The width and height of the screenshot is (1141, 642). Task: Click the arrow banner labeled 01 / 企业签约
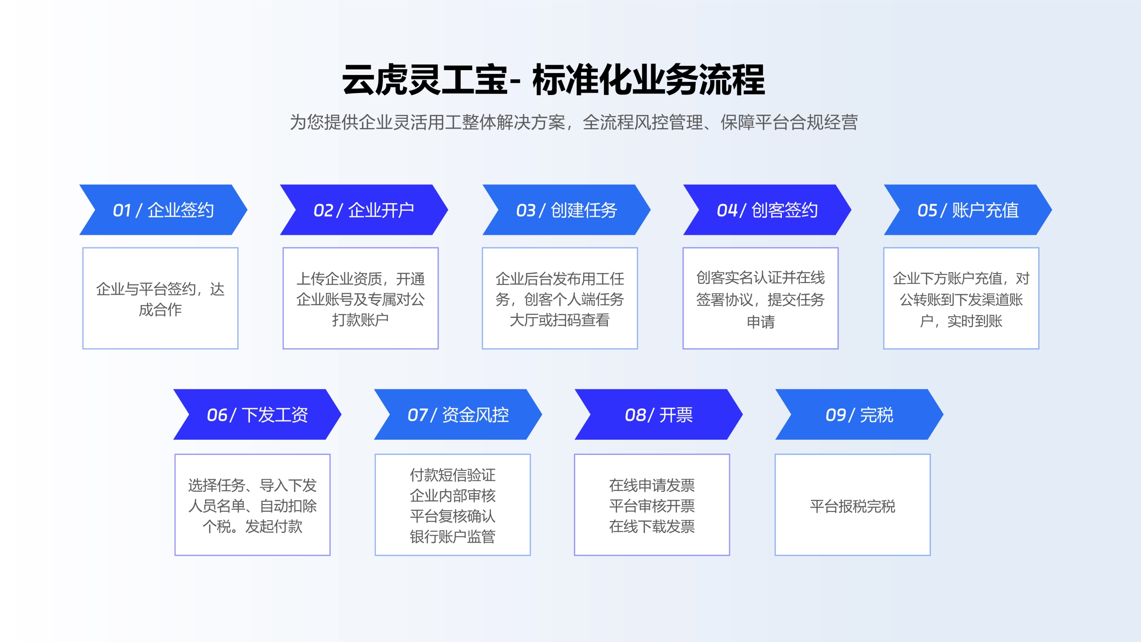click(x=163, y=210)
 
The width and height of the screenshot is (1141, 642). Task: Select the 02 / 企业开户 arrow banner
click(x=364, y=210)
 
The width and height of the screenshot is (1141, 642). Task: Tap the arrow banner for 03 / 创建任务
click(x=566, y=210)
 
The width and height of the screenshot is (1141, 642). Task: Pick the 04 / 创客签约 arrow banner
click(x=767, y=210)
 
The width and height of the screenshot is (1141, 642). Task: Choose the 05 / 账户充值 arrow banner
click(x=967, y=210)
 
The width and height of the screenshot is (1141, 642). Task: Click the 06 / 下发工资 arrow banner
click(x=257, y=415)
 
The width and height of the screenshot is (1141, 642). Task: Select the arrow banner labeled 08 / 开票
click(x=658, y=415)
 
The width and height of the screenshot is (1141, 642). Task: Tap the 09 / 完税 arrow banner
click(x=859, y=415)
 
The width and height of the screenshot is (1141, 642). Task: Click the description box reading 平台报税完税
click(x=852, y=505)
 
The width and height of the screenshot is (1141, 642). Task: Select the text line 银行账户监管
click(x=452, y=536)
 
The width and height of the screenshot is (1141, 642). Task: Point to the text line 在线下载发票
click(x=651, y=526)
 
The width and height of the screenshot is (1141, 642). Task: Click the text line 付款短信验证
click(x=452, y=475)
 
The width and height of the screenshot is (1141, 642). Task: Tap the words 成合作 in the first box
click(x=160, y=310)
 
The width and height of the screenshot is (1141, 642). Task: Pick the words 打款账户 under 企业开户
click(x=360, y=319)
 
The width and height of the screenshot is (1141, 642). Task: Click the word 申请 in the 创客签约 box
click(x=761, y=322)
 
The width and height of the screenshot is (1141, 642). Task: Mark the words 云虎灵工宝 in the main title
click(x=424, y=80)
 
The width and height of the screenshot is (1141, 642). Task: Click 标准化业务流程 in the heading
click(x=649, y=80)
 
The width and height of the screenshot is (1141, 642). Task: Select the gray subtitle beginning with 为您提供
click(x=574, y=122)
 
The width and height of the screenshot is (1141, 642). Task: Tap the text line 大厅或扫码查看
click(x=559, y=320)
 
